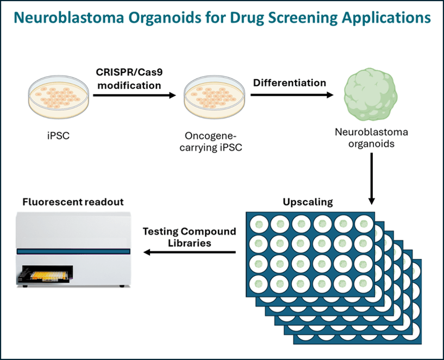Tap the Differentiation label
290,83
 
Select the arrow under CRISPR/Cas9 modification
135,96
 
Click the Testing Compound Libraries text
189,237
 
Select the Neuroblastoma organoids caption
372,138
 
